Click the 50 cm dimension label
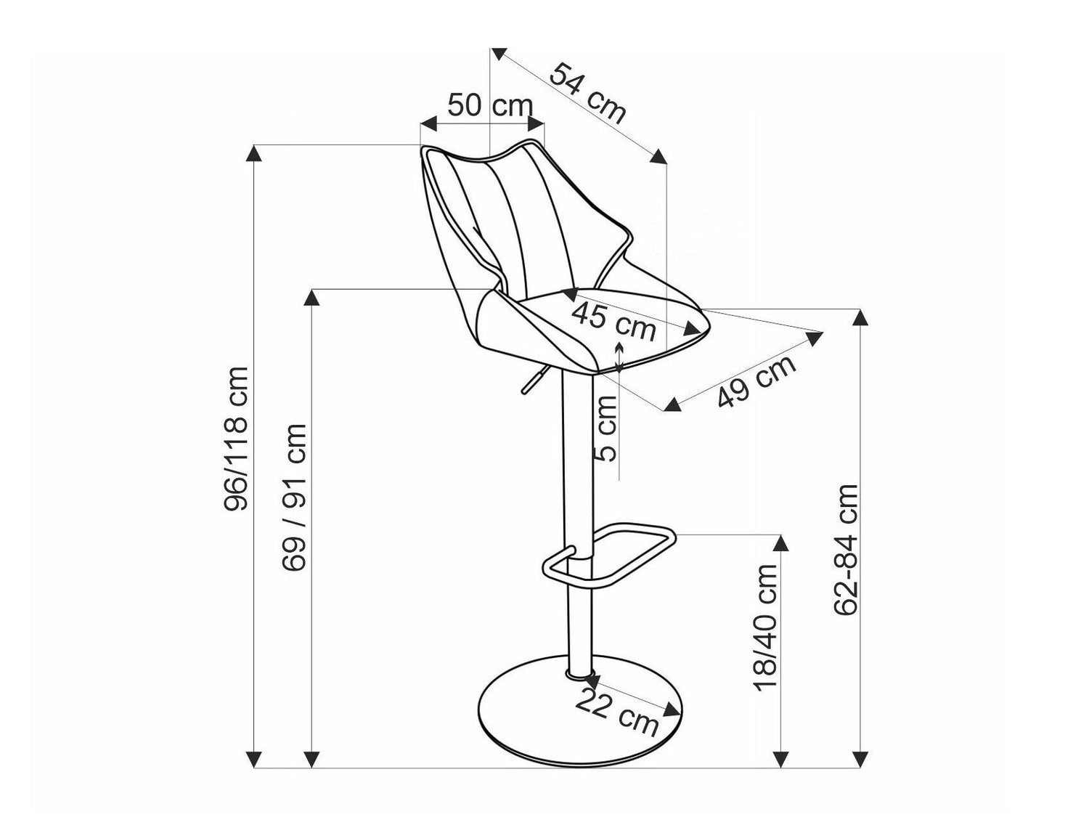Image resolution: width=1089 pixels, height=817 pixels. (x=489, y=105)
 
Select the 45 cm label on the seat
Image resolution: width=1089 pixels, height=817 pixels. (x=614, y=322)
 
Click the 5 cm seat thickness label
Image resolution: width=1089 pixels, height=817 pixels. (x=606, y=428)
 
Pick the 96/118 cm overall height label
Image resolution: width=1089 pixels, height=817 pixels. (x=236, y=439)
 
